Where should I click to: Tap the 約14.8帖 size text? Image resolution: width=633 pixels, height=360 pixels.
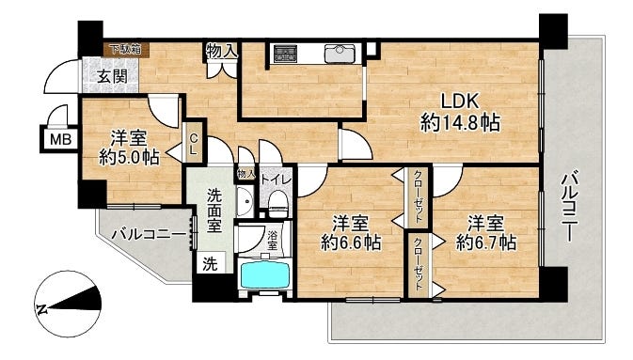460,123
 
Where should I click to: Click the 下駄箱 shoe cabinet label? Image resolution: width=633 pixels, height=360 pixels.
123,49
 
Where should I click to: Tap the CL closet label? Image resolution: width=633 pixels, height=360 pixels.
193,144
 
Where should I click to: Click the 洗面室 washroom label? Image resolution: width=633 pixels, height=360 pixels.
214,210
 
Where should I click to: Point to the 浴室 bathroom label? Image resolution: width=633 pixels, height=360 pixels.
272,241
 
